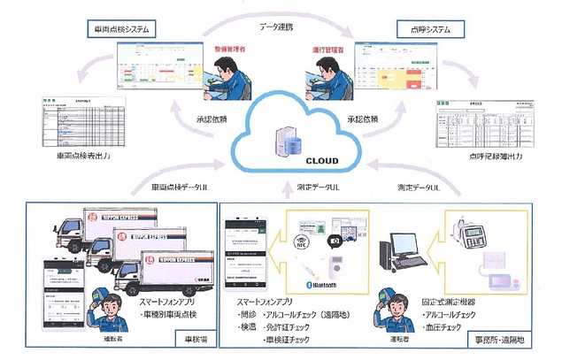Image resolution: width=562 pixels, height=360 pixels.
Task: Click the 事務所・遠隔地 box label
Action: [504, 338]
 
